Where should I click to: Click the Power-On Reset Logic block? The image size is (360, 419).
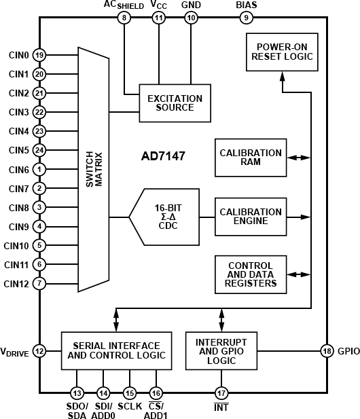[285, 52]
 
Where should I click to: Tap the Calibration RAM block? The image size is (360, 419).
[251, 158]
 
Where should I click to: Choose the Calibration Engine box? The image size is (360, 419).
[251, 217]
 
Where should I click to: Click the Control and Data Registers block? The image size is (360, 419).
[251, 274]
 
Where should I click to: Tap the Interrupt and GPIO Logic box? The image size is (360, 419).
[221, 350]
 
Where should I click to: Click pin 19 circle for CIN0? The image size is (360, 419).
[40, 55]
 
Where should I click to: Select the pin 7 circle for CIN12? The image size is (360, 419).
[40, 283]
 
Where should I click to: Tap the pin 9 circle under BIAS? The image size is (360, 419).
[246, 18]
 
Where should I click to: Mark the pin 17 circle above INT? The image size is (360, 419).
[221, 393]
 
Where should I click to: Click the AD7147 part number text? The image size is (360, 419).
[163, 157]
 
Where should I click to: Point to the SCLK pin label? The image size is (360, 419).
[130, 407]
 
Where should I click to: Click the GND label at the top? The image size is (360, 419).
[192, 5]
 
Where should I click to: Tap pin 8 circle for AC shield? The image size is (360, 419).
[124, 18]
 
